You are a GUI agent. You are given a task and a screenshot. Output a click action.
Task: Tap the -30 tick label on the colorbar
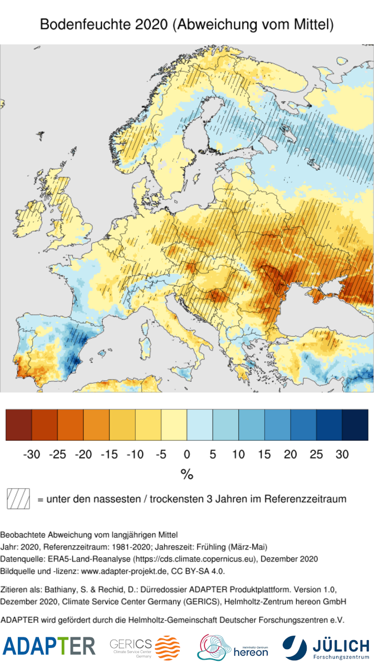click(x=32, y=454)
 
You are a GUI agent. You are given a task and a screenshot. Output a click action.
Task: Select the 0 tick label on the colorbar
click(x=187, y=454)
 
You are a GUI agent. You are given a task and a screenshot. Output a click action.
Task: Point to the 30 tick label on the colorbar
click(x=342, y=454)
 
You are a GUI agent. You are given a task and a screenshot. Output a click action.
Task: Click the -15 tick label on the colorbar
click(x=109, y=454)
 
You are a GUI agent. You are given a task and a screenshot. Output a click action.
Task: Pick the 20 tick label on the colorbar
click(x=290, y=454)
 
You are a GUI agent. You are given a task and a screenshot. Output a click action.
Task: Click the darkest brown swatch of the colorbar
click(x=18, y=425)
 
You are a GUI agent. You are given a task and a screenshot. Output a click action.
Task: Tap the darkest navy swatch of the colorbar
click(x=355, y=425)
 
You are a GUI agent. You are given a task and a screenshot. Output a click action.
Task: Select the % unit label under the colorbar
click(x=186, y=474)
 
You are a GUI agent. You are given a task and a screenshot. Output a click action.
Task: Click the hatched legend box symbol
click(x=18, y=499)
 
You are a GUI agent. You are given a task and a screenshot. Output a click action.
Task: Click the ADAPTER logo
click(x=49, y=646)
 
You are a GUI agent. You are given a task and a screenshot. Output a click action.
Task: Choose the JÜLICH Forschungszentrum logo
click(x=326, y=647)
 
